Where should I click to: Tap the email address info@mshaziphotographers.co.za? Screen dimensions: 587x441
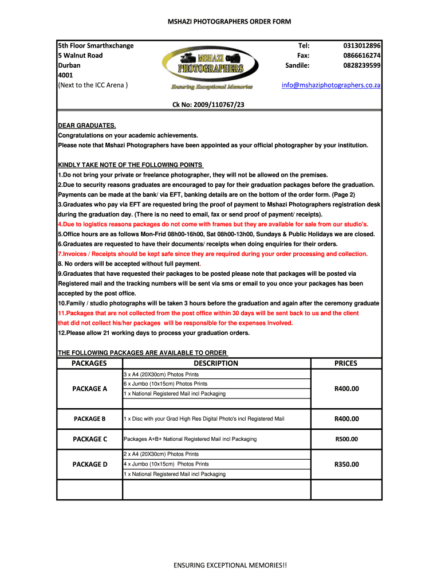(x=331, y=85)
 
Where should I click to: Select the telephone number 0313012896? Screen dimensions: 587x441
(x=363, y=45)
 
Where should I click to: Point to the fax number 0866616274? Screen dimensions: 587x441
(x=363, y=56)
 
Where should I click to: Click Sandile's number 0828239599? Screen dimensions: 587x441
(x=363, y=66)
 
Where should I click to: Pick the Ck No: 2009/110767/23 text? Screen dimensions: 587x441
(x=212, y=105)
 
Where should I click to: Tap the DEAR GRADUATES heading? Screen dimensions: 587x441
(x=87, y=126)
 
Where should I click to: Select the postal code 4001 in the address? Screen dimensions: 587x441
(x=65, y=76)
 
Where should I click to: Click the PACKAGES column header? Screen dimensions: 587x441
(x=89, y=363)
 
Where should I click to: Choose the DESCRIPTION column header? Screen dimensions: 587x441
(x=216, y=363)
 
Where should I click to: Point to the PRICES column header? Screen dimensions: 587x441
(x=346, y=363)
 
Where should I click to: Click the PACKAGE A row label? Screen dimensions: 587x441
(x=89, y=389)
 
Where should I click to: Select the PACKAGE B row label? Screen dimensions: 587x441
(x=89, y=419)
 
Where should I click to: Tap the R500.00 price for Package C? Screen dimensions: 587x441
(x=346, y=439)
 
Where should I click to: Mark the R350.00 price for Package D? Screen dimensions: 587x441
(x=346, y=464)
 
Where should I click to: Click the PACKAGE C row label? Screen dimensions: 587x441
(x=89, y=439)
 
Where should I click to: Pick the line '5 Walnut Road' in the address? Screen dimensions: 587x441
(x=80, y=56)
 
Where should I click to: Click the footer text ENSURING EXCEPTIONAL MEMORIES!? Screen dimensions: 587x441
(x=230, y=566)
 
